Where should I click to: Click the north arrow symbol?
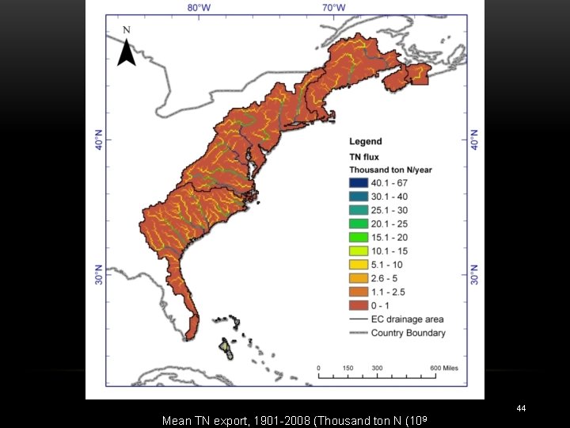(127, 53)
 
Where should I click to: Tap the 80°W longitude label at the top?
(199, 8)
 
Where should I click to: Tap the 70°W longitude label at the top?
(333, 8)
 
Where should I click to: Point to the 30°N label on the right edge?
(475, 274)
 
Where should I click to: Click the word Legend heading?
(365, 142)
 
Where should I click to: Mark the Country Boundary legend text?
(408, 333)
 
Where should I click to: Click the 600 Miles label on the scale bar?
(446, 368)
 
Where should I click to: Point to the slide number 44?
(520, 408)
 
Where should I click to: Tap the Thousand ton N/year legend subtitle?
(391, 170)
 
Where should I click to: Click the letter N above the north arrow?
(127, 30)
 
